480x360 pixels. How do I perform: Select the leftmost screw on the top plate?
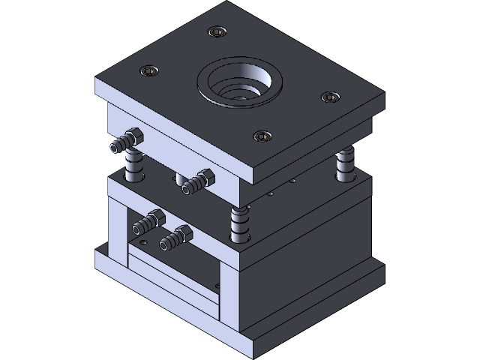point(148,71)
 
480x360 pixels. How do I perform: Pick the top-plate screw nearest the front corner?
point(261,136)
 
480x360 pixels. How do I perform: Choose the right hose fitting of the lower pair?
point(175,238)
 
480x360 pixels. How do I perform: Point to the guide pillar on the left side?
point(134,166)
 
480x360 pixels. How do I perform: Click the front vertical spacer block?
point(229,300)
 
